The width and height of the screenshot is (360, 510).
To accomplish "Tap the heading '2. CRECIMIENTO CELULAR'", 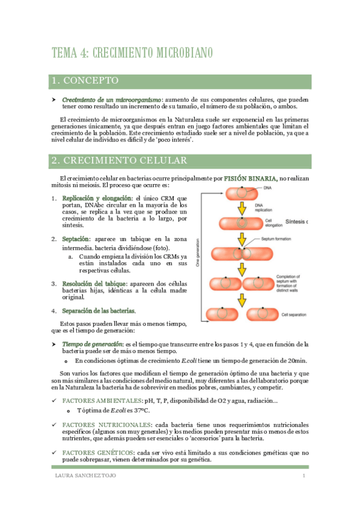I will click(x=119, y=161).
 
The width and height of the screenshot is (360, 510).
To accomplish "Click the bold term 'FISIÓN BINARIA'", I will click(x=251, y=178).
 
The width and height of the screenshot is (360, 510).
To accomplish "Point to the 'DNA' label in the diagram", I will click(x=268, y=188).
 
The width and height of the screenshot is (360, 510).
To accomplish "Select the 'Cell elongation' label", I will click(x=273, y=223).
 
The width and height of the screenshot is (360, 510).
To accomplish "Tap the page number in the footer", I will click(x=304, y=476).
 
